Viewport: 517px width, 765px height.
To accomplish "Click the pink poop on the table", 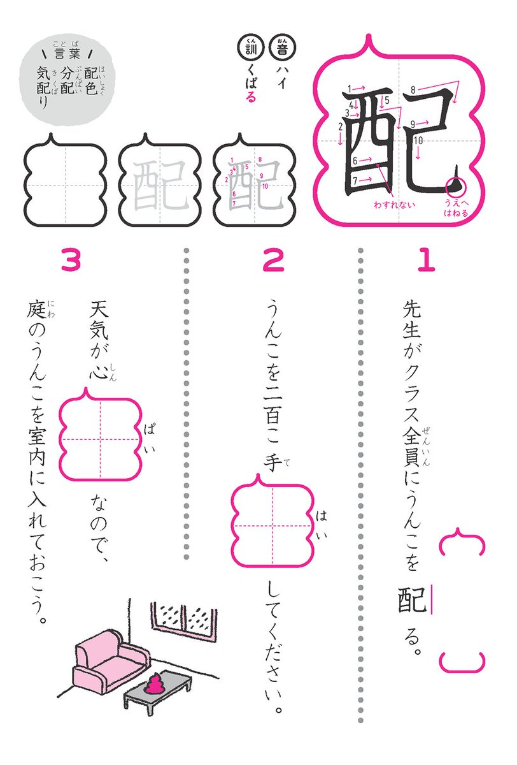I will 154,685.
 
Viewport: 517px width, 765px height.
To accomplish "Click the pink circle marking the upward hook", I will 457,186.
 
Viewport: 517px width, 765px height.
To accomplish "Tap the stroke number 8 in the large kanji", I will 413,89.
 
